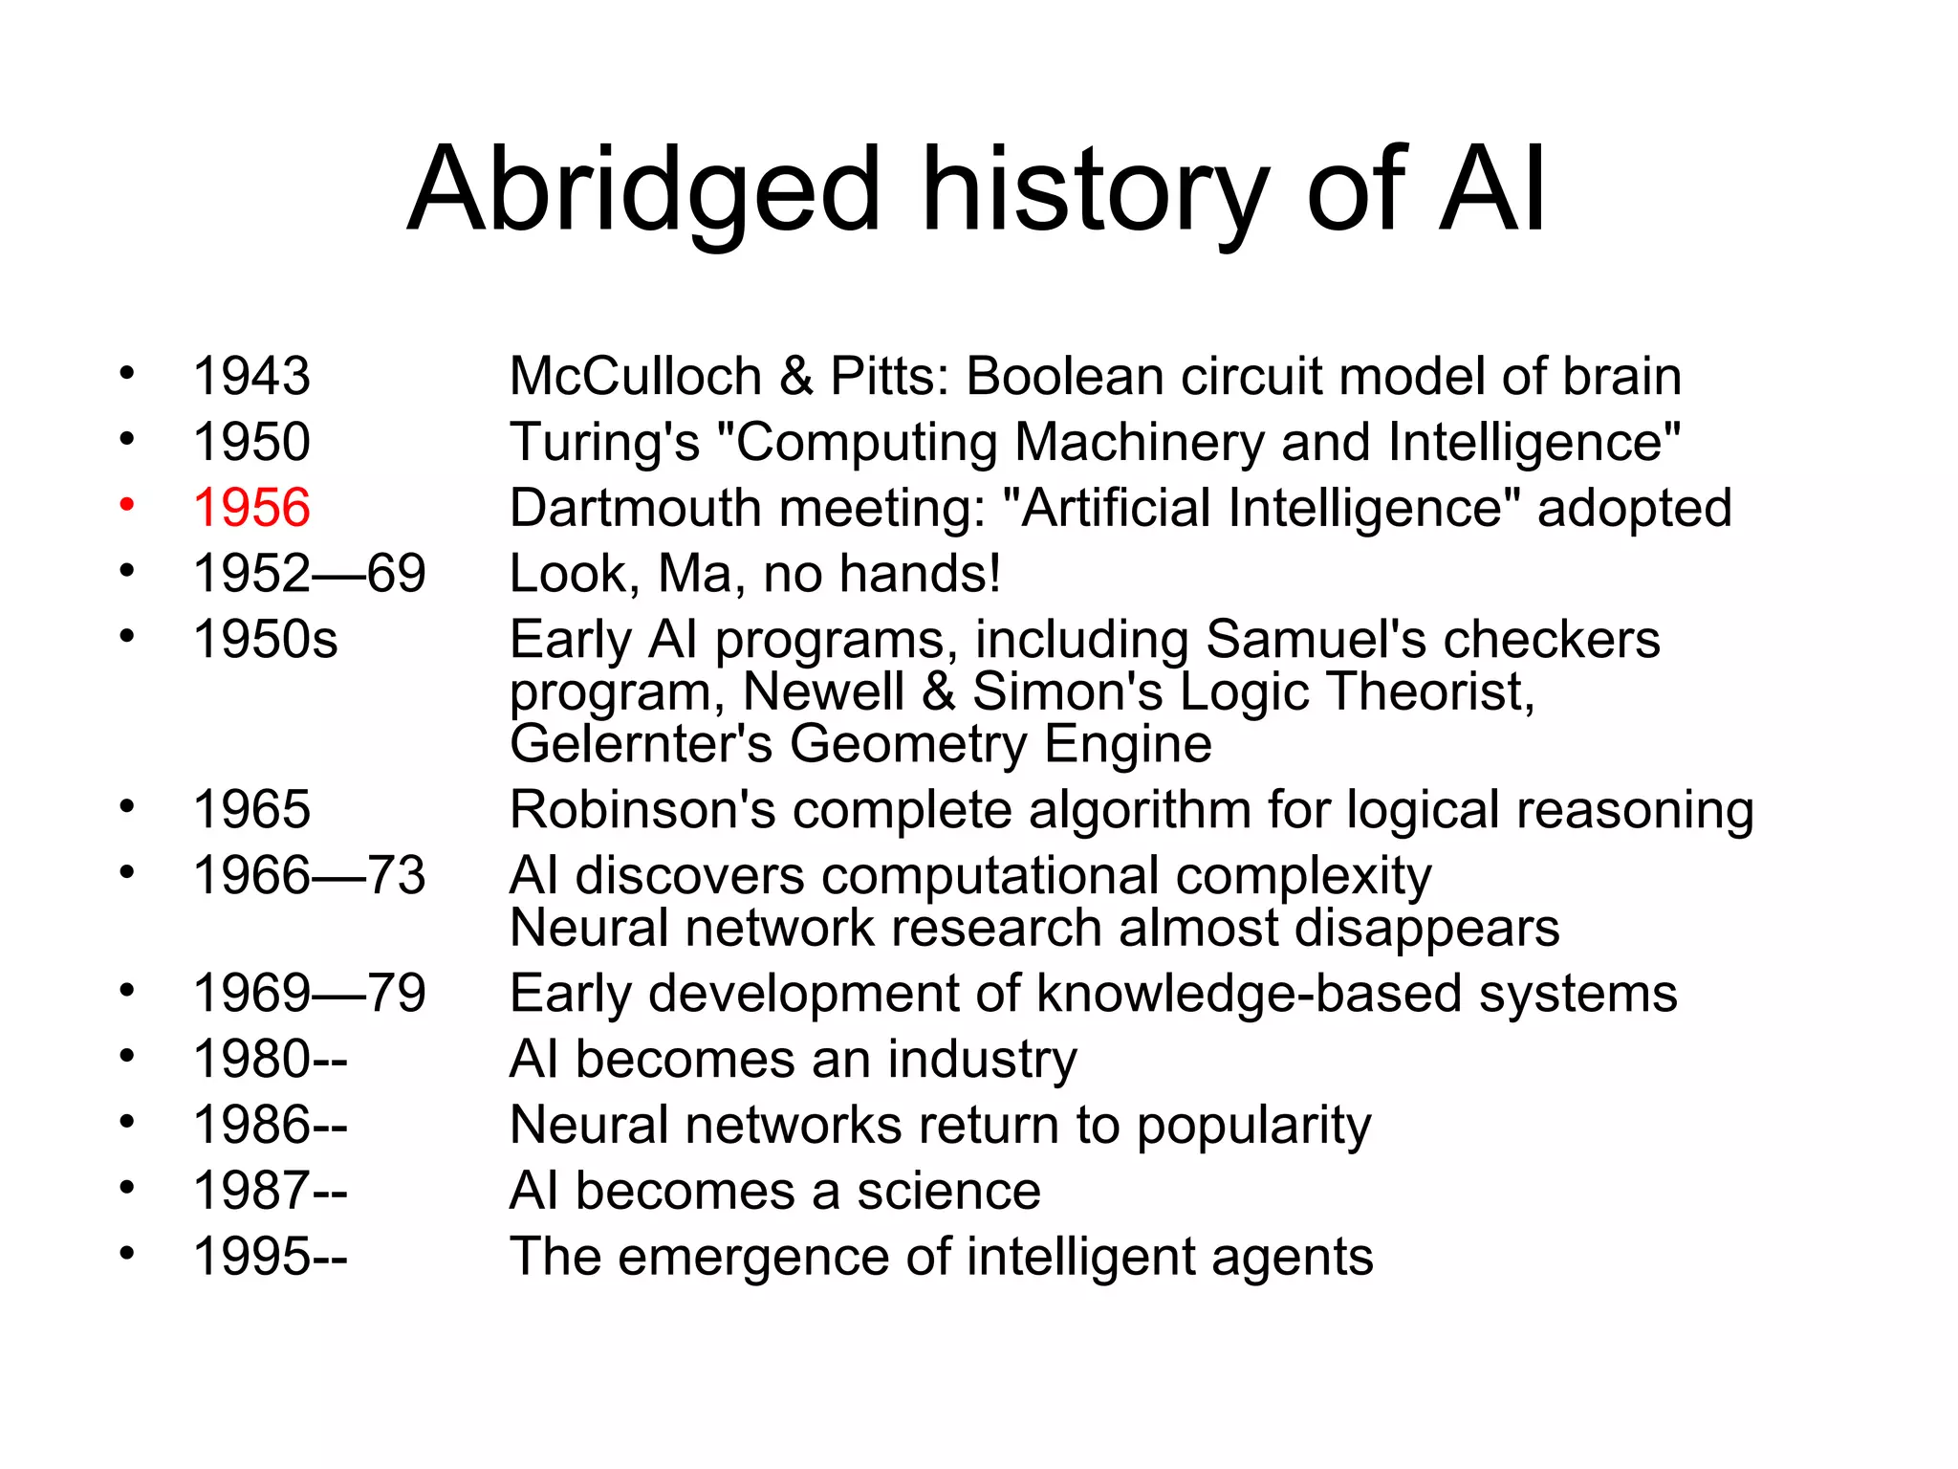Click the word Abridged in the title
click(642, 191)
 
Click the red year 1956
click(251, 508)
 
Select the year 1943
click(251, 376)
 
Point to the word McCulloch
click(635, 376)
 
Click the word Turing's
click(604, 443)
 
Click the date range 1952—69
click(309, 574)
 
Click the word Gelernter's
click(641, 744)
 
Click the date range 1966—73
click(309, 876)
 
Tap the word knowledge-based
click(1249, 994)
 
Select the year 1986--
click(270, 1126)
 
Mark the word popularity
click(1253, 1127)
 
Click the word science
click(948, 1192)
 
